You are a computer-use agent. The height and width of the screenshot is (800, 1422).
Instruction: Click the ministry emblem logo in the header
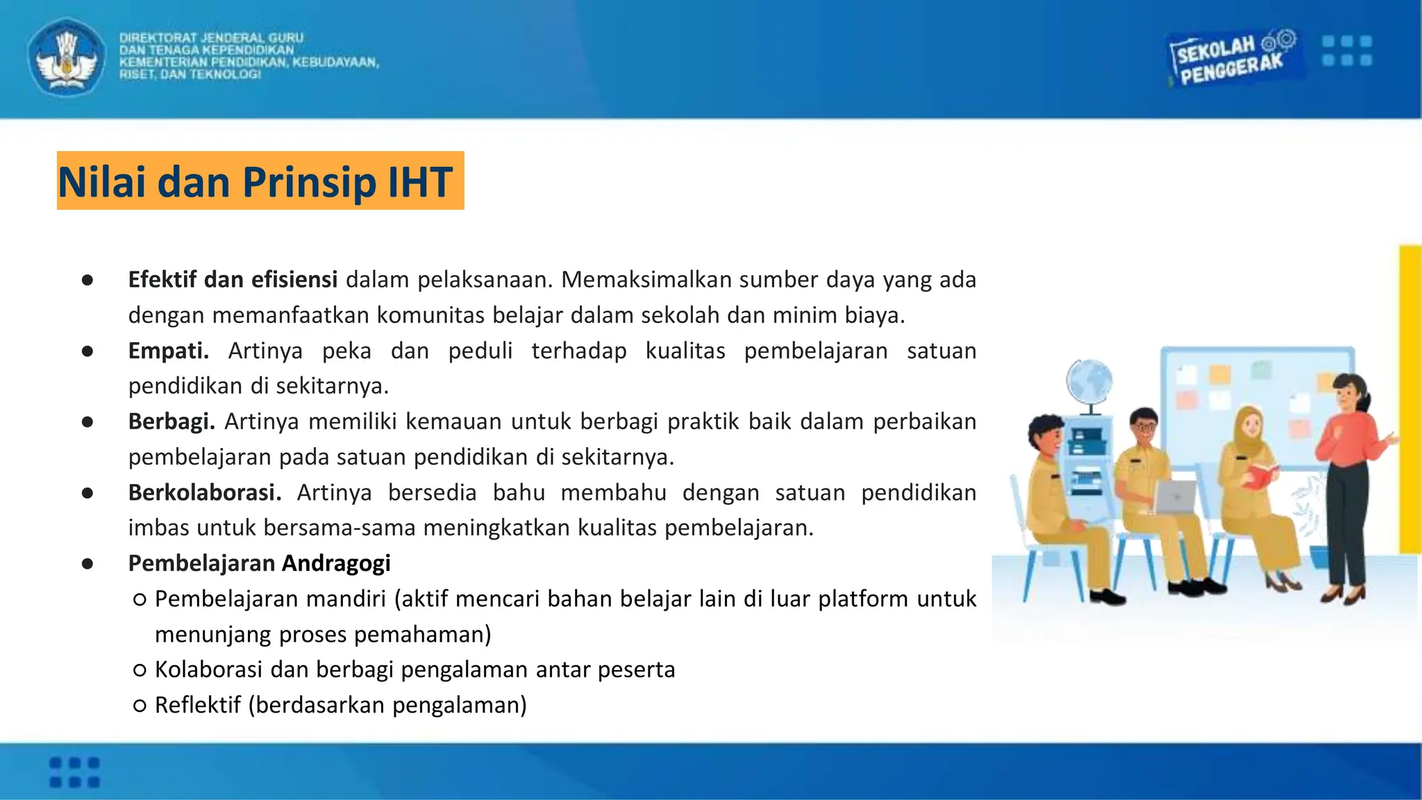coord(67,57)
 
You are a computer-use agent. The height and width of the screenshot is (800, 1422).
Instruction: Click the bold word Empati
coord(168,351)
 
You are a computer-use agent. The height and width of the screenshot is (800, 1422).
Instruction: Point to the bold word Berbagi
coord(171,422)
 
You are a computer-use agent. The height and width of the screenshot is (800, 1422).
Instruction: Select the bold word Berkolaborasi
coord(205,492)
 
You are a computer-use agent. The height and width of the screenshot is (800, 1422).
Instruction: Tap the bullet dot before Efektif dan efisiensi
coord(87,280)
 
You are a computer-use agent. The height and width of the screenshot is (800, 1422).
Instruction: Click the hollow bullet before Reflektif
coord(140,706)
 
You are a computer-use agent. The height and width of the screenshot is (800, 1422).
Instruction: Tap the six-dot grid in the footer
coord(74,772)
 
